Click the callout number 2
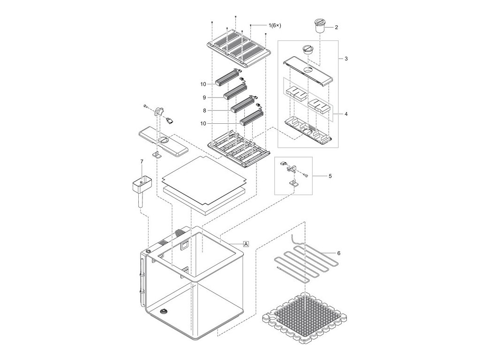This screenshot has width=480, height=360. point(336,28)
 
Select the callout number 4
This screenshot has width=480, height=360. point(345,114)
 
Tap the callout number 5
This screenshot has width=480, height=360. point(330,176)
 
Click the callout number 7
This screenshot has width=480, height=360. point(141,162)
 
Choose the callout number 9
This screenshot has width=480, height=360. point(204,97)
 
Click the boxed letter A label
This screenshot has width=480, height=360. point(246,244)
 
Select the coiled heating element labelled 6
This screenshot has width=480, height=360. point(305,262)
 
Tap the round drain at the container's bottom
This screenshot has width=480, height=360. point(164,311)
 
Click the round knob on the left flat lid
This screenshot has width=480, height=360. point(164,140)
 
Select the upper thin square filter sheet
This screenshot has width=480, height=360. point(204,180)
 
